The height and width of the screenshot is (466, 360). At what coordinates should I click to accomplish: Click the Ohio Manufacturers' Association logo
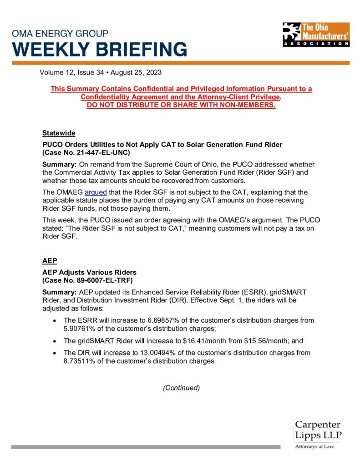[x=316, y=35]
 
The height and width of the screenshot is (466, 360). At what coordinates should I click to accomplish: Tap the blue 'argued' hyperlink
[x=96, y=192]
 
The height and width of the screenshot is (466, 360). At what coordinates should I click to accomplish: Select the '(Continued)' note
[x=181, y=388]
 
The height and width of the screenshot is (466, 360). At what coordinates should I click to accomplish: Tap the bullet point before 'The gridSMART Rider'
[x=55, y=340]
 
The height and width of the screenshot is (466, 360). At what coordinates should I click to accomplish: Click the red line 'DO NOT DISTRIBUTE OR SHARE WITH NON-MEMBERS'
[x=181, y=105]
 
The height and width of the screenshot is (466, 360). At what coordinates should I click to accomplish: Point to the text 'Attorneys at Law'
[x=314, y=447]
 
